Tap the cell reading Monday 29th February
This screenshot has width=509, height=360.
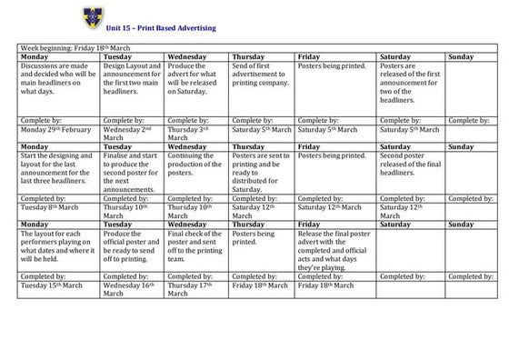point(54,129)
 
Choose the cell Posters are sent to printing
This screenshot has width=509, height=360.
point(261,170)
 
